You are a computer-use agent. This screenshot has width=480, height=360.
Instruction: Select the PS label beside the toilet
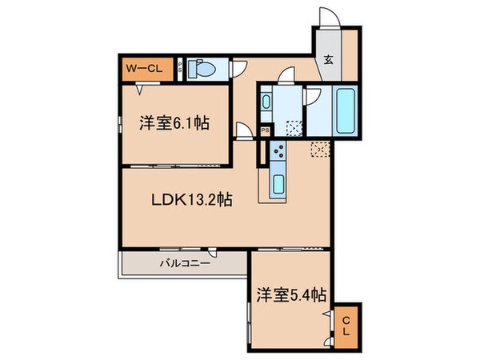(x=182, y=69)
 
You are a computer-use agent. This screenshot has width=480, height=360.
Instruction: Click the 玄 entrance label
(x=329, y=58)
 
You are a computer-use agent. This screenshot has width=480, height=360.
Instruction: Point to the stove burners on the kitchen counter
(x=278, y=151)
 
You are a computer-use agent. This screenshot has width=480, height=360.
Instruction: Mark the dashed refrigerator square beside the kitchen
(x=320, y=148)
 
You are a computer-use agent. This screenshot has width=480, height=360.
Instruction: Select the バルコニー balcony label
(x=184, y=262)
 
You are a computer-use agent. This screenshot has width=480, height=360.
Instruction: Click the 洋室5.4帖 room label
(x=290, y=294)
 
